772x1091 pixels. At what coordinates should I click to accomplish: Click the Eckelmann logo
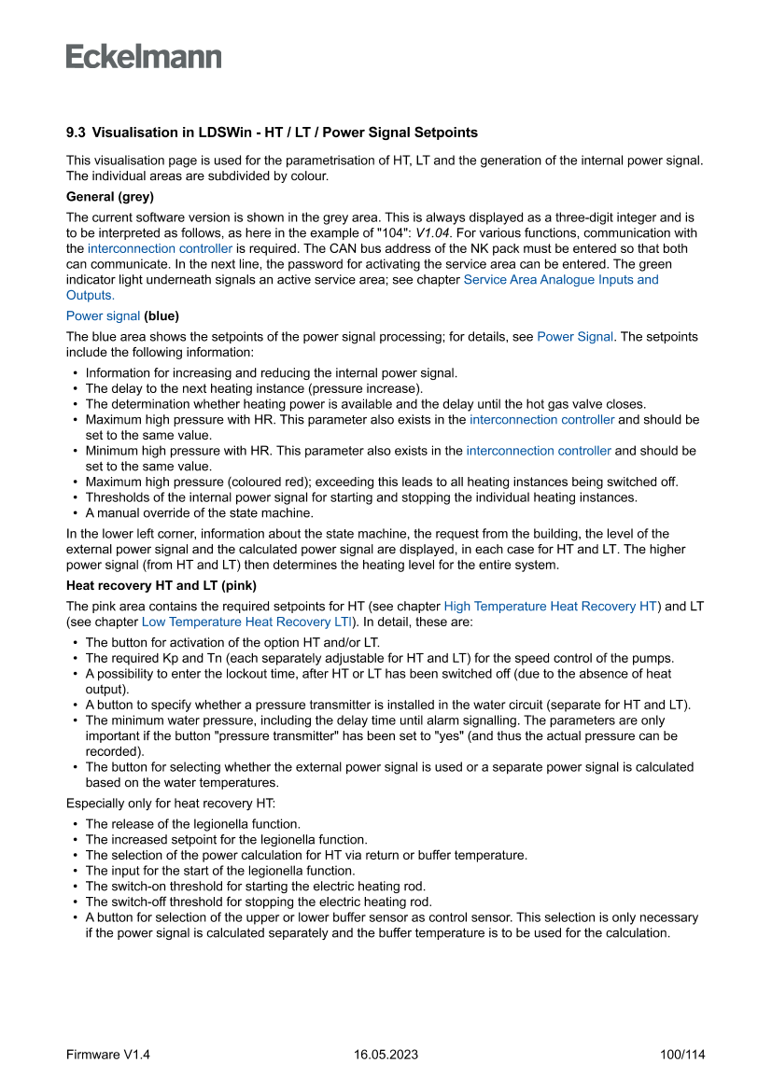pos(144,56)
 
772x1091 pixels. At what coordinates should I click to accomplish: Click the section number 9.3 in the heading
pos(76,133)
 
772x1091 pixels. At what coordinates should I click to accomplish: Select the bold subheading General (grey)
pos(110,196)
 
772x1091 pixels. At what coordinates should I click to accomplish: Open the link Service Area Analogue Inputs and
pos(560,279)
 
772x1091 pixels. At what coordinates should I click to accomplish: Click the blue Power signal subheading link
pos(103,315)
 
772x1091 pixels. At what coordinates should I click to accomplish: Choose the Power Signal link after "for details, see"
pos(575,336)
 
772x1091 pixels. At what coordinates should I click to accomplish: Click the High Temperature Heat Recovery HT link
pos(551,606)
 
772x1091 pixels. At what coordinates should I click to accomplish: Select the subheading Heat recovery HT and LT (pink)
pos(161,585)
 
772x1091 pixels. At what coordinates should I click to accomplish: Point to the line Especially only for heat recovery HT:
pos(171,802)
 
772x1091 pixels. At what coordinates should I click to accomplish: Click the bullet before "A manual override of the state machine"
pos(74,512)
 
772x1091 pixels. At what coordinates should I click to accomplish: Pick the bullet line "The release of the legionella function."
pos(192,824)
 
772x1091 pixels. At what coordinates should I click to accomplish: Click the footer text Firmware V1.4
pos(108,1055)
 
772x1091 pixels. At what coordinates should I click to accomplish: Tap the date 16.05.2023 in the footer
pos(386,1055)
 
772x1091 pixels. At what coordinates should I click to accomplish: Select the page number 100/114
pos(681,1055)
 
